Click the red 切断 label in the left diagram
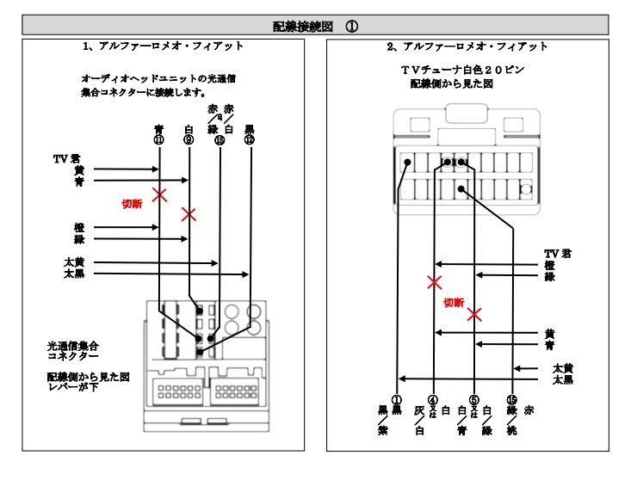132,205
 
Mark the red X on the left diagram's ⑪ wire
159,194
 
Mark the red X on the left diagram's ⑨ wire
189,213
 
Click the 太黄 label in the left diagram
75,262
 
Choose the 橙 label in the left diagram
79,227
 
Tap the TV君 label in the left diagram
67,158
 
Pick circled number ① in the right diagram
397,399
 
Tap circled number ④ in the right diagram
434,399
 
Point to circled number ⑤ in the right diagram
475,399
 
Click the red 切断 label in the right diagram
454,303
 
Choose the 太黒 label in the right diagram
563,378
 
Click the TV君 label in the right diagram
558,254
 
